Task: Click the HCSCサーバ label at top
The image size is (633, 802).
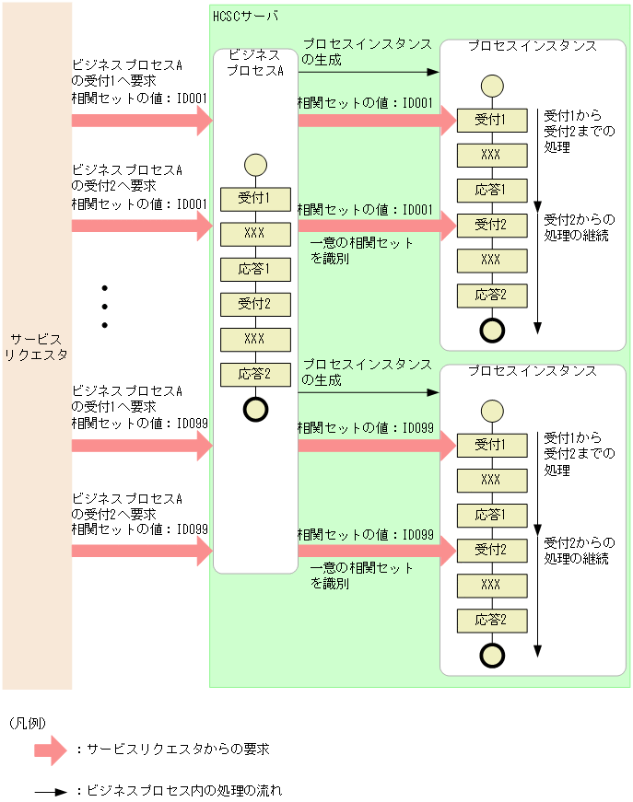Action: [x=244, y=17]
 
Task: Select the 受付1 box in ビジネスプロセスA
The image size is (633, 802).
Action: [x=255, y=198]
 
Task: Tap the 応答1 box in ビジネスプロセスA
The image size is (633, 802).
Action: [x=255, y=269]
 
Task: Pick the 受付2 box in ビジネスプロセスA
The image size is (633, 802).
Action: [x=255, y=304]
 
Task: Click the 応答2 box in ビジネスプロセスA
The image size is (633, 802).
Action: [x=255, y=374]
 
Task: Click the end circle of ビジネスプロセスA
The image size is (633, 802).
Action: [x=255, y=409]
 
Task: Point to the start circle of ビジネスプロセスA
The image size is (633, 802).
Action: [x=255, y=165]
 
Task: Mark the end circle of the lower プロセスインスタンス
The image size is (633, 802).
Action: [x=491, y=655]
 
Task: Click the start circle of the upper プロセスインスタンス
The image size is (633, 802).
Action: [x=491, y=87]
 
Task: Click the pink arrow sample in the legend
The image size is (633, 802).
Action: [x=50, y=750]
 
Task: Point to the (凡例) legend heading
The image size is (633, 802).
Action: [x=27, y=723]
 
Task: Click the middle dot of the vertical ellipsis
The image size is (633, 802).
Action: [x=104, y=306]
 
